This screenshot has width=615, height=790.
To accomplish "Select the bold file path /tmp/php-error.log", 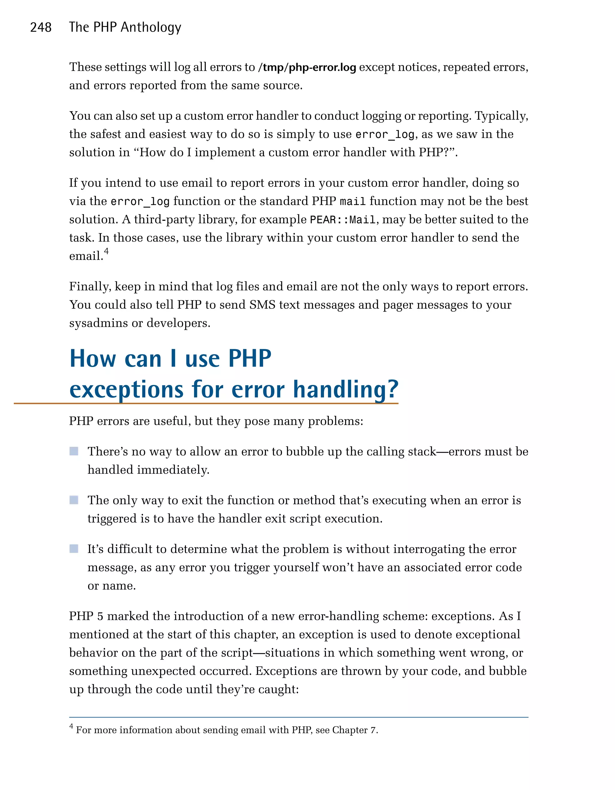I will tap(307, 67).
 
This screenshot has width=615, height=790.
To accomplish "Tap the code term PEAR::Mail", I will tap(342, 220).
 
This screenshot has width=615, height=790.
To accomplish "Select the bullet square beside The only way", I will tap(74, 500).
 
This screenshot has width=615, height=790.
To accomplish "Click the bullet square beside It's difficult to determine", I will tap(74, 549).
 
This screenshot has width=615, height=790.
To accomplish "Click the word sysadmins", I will tap(98, 323).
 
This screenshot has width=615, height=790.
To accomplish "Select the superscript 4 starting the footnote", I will tap(71, 726).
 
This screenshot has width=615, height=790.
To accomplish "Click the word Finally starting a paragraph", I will tap(90, 287).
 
